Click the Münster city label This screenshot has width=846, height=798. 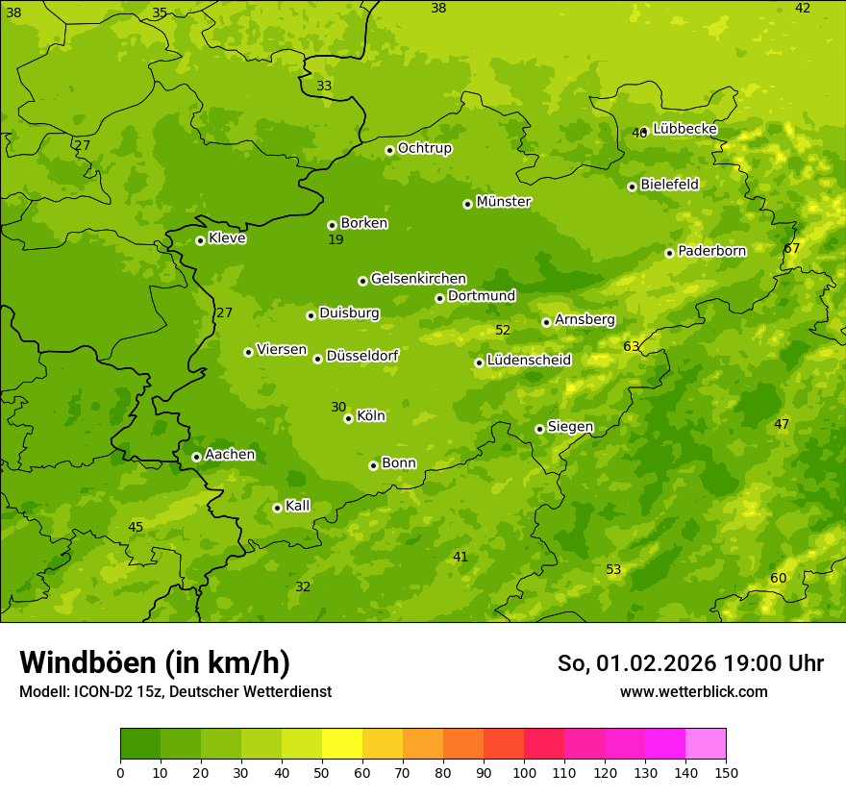coord(504,202)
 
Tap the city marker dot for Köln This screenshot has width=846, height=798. coord(348,418)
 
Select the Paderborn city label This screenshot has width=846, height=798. coord(711,251)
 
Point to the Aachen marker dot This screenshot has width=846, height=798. coord(196,457)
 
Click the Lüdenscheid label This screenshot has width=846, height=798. coord(529,361)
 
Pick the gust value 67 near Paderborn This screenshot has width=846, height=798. coord(792,248)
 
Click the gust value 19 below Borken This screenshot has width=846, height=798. coord(336,239)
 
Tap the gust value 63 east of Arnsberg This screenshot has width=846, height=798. coord(632,346)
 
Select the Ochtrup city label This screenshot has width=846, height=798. coord(424,148)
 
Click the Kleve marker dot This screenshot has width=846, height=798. coord(200,240)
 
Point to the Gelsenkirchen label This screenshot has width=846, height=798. coord(418,279)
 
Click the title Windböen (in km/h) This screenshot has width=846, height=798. coord(155,662)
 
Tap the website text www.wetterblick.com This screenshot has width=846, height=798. coord(693,691)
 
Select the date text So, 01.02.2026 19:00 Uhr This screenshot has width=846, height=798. coord(690,663)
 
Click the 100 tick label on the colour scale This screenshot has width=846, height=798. coord(524,772)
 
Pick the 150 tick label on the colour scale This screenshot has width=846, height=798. coord(726,772)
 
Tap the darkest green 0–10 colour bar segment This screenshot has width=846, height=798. coord(140,744)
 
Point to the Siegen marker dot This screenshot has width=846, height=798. coord(539,429)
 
